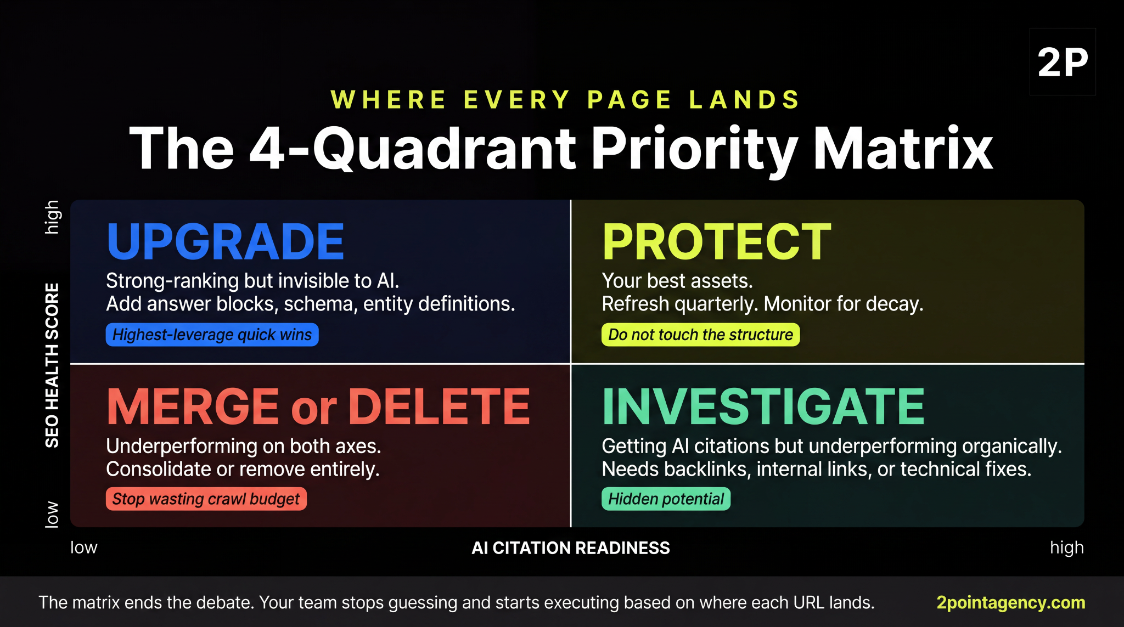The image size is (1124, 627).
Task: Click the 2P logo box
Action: pos(1063,62)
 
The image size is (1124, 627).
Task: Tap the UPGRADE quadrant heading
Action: pos(226,242)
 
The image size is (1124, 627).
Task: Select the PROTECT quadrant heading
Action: pos(717,242)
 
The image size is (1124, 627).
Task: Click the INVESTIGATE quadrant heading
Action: pos(763,406)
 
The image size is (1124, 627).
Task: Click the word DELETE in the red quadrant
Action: pos(439,406)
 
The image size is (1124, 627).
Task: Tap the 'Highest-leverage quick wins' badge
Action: pos(212,335)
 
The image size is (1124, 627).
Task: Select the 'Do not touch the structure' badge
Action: pos(700,335)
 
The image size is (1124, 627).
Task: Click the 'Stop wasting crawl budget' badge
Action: pos(206,499)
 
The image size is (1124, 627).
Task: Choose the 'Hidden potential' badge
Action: pos(666,499)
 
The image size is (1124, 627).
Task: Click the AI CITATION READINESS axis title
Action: pos(571,548)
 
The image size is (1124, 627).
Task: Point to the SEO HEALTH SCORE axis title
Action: pos(52,365)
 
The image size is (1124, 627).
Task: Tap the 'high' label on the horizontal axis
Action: pos(1066,547)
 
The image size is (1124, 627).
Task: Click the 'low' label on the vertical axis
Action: pos(52,514)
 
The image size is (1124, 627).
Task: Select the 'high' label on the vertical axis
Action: pos(52,217)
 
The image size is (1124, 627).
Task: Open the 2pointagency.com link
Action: pos(1010,602)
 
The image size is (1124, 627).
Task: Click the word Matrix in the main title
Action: pos(903,148)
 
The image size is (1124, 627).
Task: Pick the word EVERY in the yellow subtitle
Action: pos(517,100)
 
